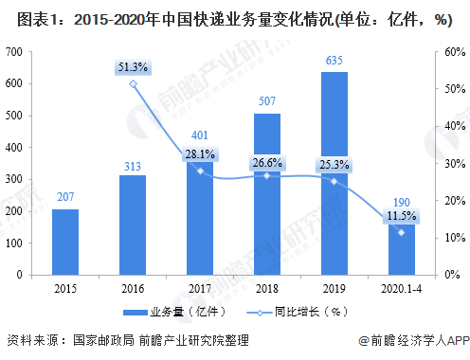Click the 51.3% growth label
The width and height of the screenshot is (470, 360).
133,66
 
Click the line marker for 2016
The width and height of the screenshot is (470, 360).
133,83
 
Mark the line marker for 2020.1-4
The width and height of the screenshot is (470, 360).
402,232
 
